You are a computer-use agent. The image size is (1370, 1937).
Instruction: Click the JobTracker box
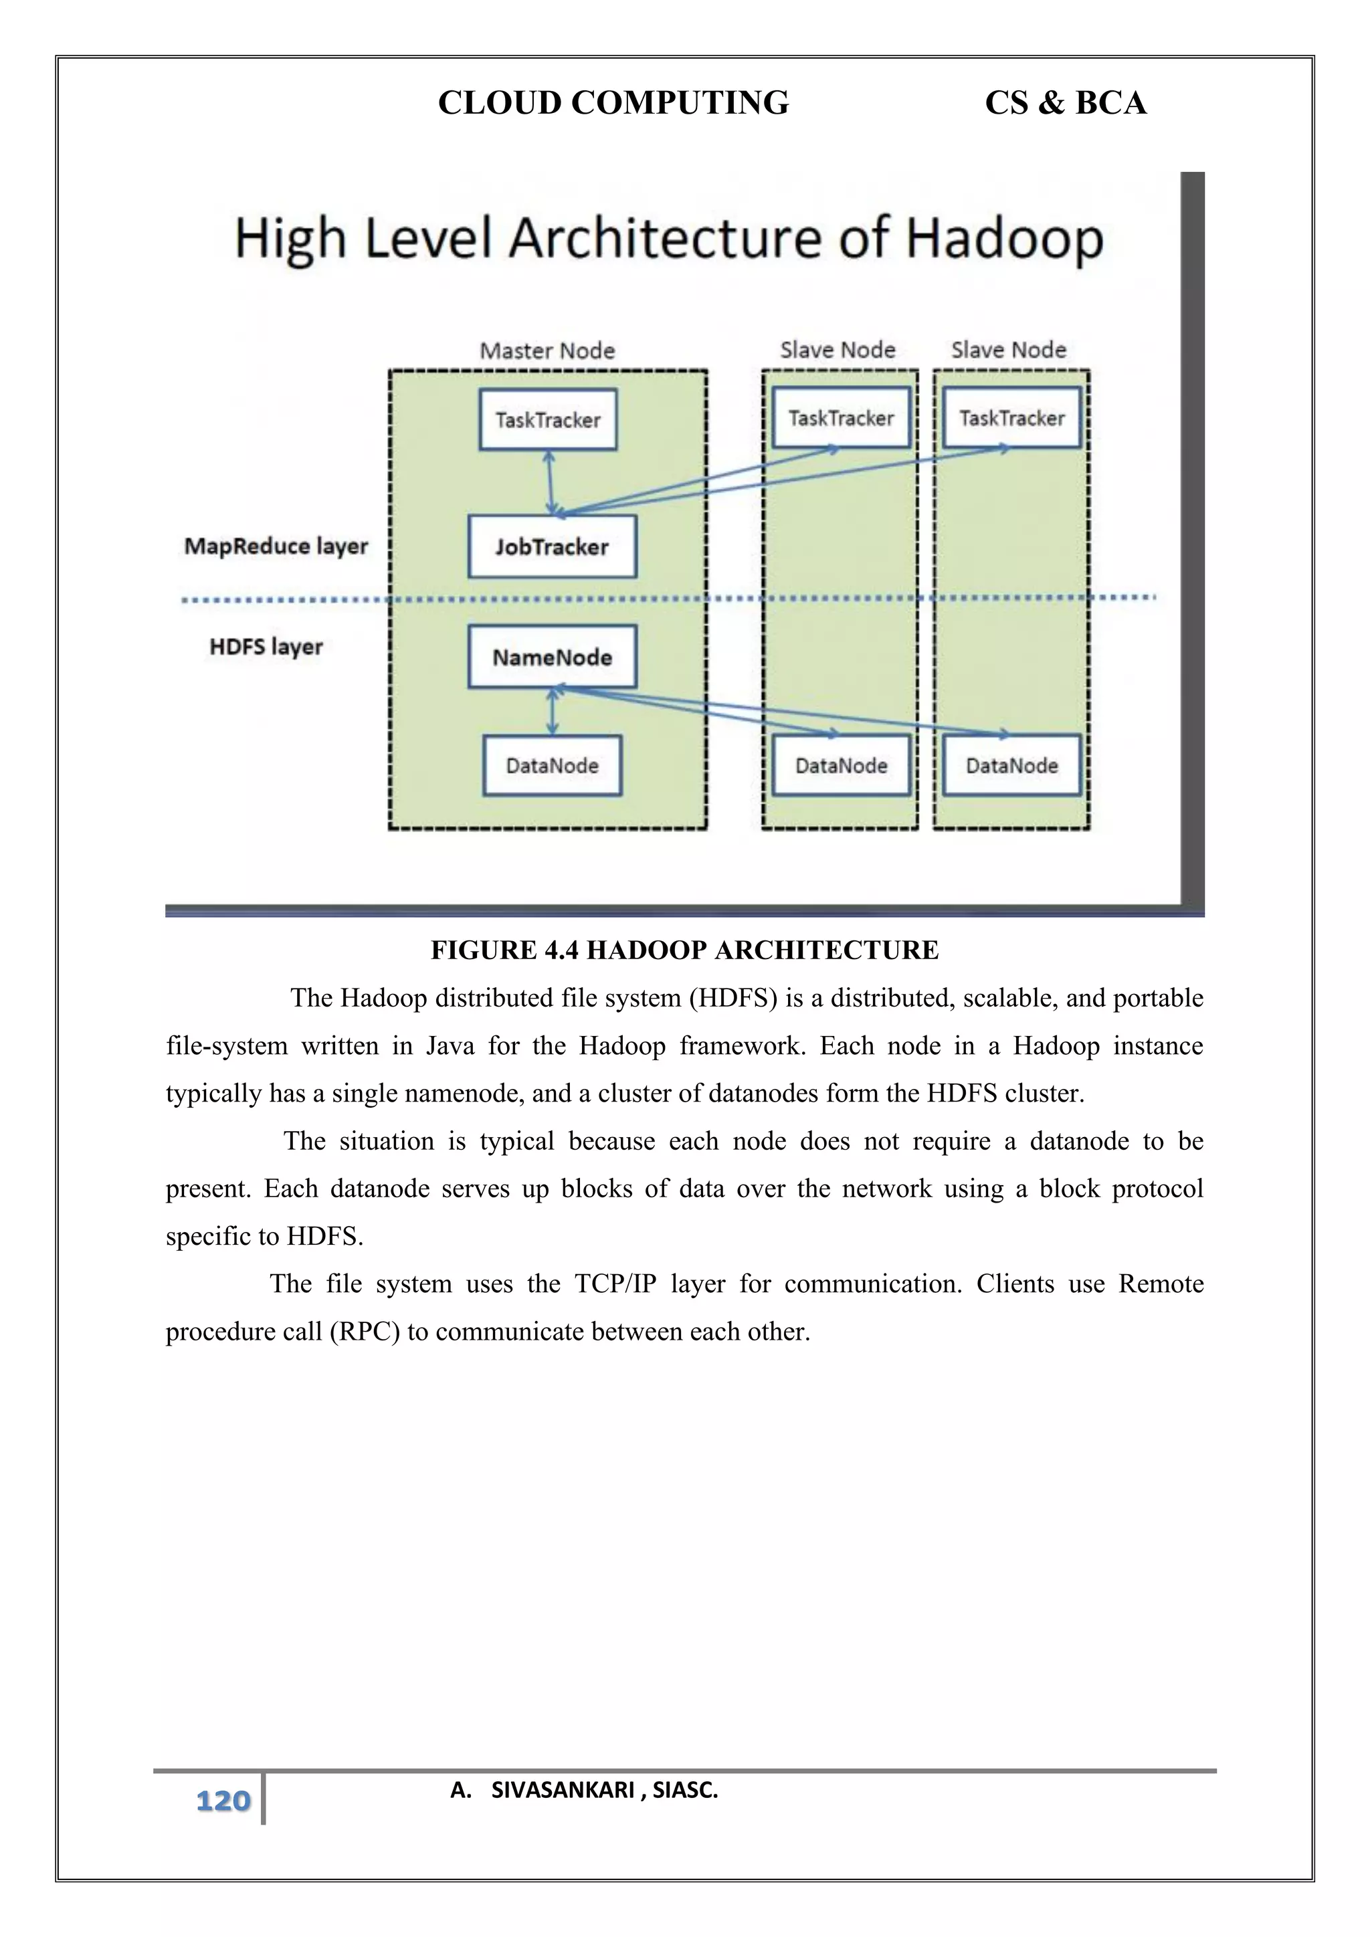pos(552,546)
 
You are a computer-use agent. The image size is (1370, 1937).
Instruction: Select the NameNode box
pos(552,656)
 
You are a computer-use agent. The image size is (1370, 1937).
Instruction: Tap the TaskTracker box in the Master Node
pos(547,419)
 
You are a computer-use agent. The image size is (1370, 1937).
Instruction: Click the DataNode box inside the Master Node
pos(552,765)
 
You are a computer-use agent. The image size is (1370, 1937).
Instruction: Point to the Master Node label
pos(547,350)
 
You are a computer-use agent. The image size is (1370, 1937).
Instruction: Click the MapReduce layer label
pos(276,546)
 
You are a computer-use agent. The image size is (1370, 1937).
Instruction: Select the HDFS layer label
pos(266,647)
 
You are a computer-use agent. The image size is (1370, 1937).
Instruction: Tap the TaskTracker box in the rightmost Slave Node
pos(1011,417)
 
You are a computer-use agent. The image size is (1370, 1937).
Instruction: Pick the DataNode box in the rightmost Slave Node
pos(1011,765)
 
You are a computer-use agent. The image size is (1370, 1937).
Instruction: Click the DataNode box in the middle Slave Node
pos(841,765)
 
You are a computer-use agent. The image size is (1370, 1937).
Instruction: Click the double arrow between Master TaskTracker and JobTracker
pos(550,482)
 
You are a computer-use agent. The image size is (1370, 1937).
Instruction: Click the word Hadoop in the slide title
pos(1004,238)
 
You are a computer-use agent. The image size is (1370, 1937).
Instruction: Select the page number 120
pos(223,1801)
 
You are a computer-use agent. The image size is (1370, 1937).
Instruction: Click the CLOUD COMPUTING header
pos(613,103)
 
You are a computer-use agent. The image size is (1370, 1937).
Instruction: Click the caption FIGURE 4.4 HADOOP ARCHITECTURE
pos(684,950)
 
